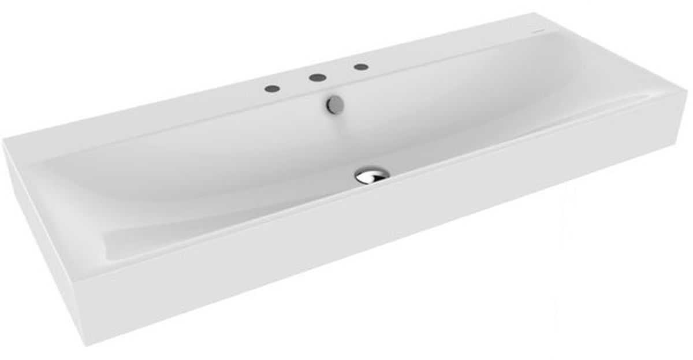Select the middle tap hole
coord(315,77)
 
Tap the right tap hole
coord(360,66)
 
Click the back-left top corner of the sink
coord(5,140)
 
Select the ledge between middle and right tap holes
coord(338,72)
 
